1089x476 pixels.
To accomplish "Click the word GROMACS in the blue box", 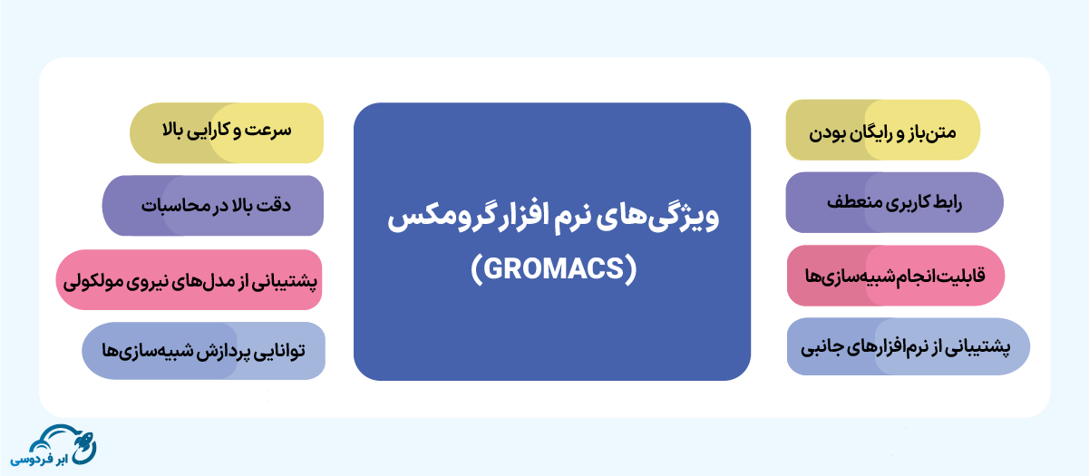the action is [553, 268].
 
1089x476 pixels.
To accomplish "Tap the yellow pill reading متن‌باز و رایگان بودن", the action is [883, 130].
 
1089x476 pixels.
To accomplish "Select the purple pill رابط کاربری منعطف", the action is [895, 202].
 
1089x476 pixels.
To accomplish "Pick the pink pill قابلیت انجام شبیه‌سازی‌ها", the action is [896, 276].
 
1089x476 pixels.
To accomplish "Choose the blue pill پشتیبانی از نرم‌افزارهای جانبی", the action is [909, 346].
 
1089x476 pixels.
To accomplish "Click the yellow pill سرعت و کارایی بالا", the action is [227, 132].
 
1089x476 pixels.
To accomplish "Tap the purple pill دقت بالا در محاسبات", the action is [213, 206].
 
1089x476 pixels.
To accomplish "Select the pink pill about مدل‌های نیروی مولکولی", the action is [190, 279].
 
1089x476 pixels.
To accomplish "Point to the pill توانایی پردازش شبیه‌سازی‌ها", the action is [203, 351].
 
